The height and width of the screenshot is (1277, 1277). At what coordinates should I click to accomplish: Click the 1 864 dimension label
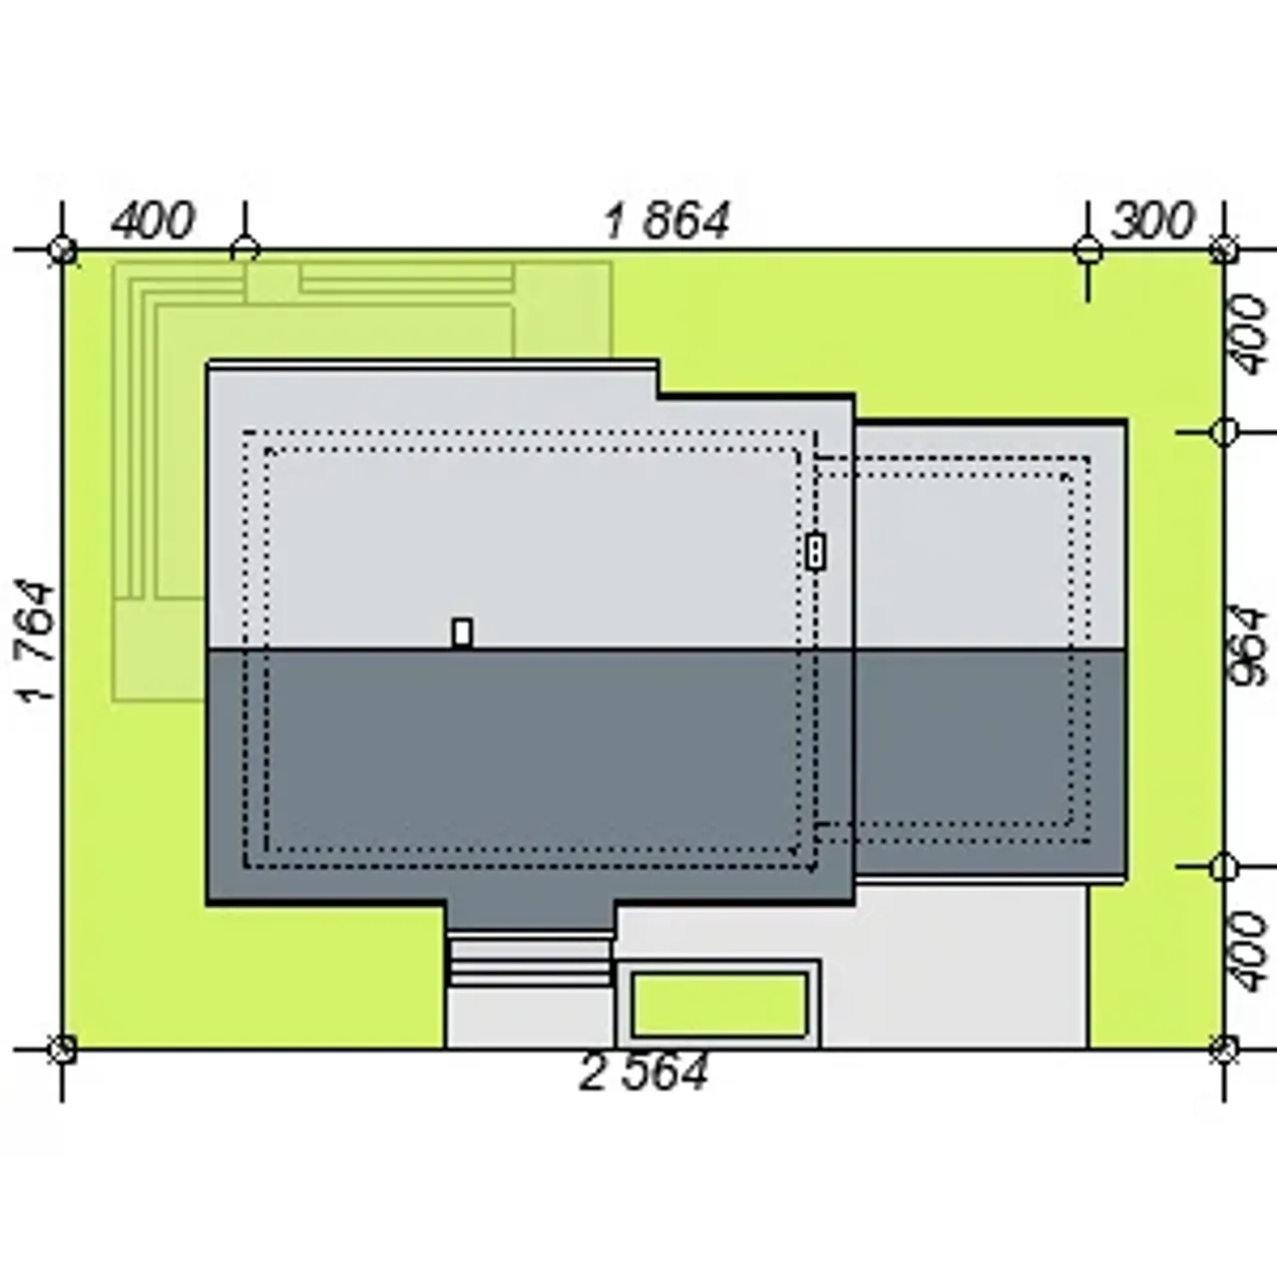tap(667, 220)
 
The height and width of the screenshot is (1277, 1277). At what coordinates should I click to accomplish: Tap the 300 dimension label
tap(1152, 220)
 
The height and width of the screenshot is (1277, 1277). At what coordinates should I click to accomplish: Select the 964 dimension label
tap(1248, 645)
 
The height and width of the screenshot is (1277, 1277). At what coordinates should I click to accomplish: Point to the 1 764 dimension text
tap(36, 641)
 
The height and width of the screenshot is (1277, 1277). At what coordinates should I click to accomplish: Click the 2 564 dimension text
tap(643, 1072)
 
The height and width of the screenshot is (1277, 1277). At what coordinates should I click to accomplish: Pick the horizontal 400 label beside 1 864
tap(153, 220)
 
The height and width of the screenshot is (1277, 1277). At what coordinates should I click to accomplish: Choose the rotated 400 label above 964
tap(1248, 335)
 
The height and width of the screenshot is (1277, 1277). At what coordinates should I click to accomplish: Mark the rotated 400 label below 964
tap(1248, 952)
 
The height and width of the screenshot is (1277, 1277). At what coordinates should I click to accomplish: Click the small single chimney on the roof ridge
tap(463, 633)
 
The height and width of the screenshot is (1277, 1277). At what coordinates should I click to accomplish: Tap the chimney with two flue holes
tap(816, 552)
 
